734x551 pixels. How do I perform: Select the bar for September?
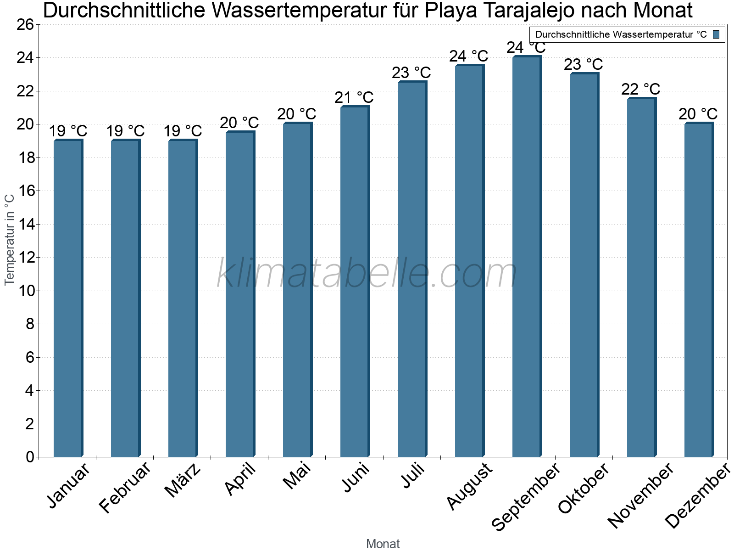click(527, 257)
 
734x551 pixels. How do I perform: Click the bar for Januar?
click(68, 298)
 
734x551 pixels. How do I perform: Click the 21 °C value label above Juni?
click(354, 98)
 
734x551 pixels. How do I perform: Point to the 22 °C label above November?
click(640, 89)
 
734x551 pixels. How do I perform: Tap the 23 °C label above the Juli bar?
click(411, 73)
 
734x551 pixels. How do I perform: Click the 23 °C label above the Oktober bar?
click(583, 64)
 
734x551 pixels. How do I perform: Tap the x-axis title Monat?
click(383, 544)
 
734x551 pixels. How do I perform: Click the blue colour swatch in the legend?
click(716, 34)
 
